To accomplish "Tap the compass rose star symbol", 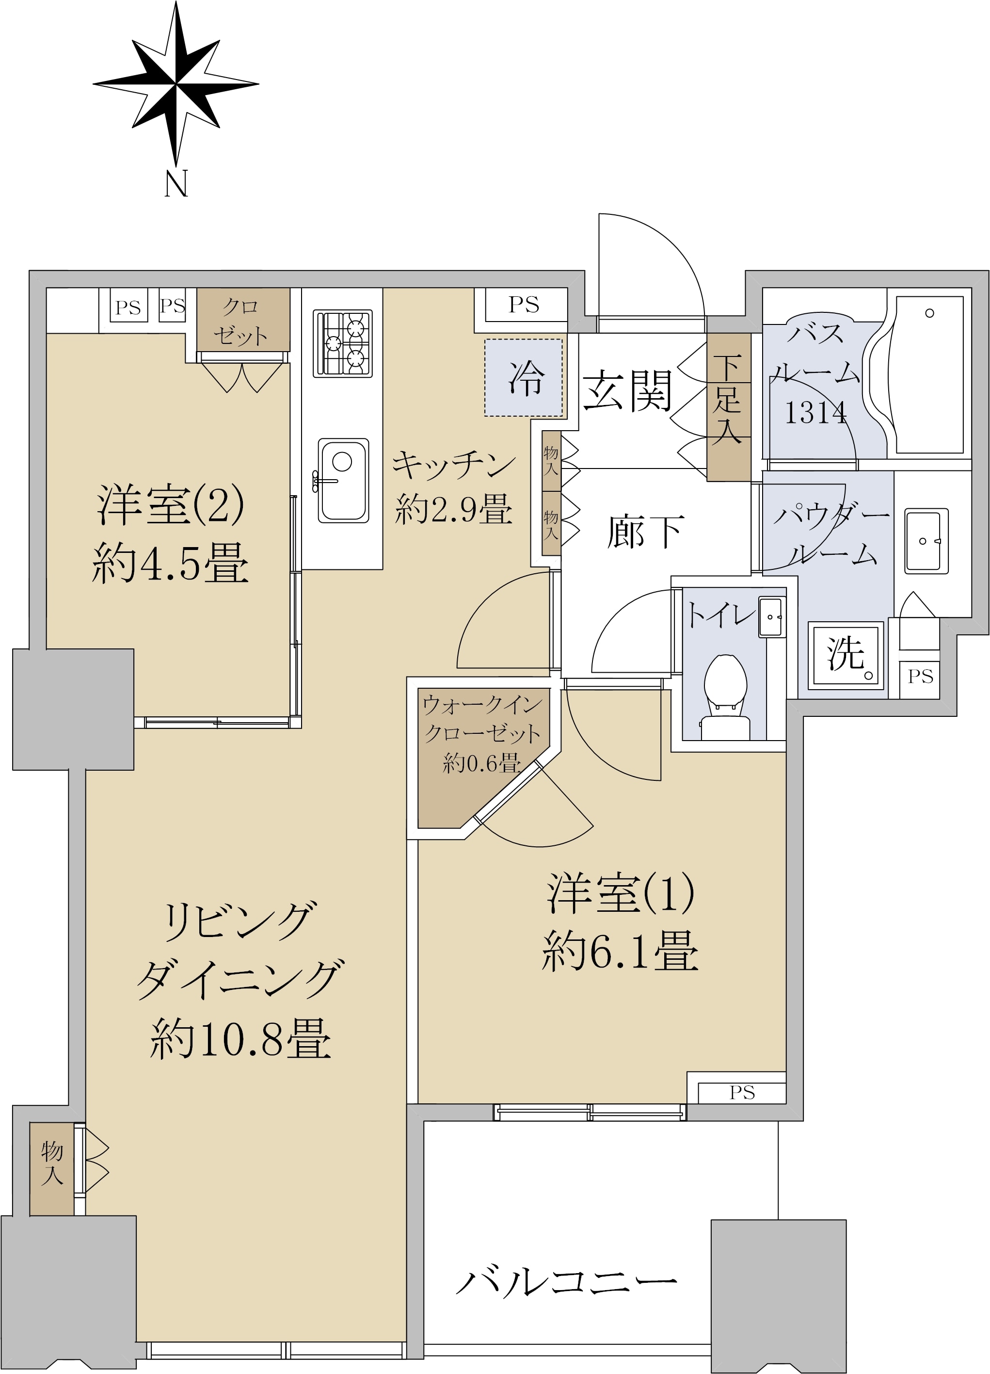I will coord(176,84).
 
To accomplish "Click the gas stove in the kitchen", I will coord(343,343).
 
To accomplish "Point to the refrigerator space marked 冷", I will coord(524,377).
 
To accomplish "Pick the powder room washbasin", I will coord(926,541).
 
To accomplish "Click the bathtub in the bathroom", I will coord(929,374).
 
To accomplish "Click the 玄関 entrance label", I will coord(627,391).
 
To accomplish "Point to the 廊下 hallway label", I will coord(645,532).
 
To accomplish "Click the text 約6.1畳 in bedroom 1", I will coord(620,951).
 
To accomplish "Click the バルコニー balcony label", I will coord(566,1282).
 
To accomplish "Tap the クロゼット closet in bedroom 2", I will coord(243,321).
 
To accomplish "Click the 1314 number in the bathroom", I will coord(815,413).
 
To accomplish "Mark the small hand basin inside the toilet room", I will coord(771,617).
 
